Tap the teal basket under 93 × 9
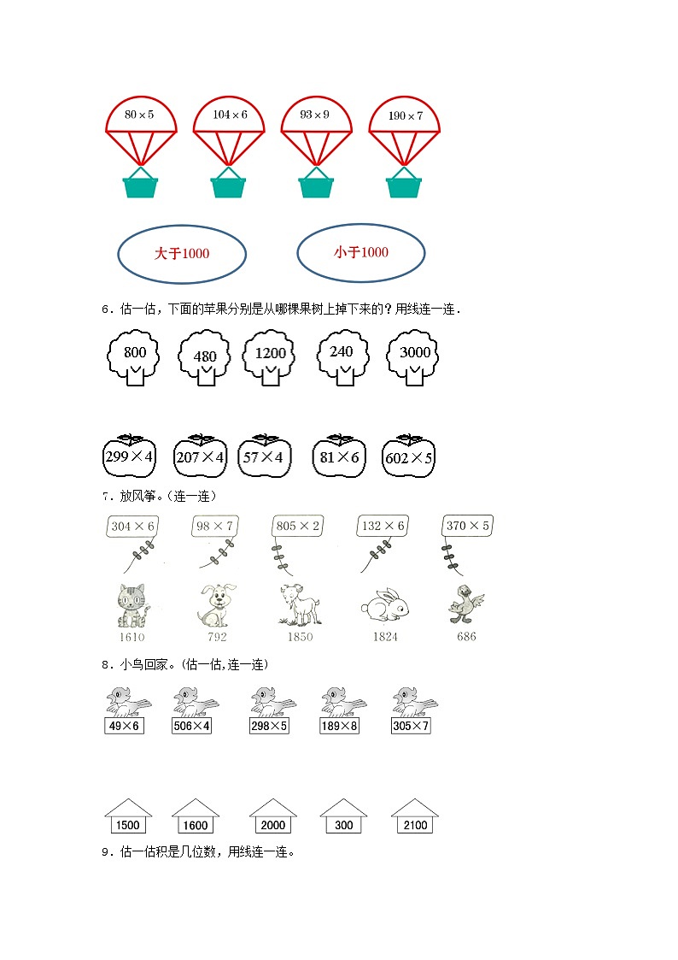[315, 185]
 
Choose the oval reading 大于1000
[181, 254]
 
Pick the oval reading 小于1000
[360, 252]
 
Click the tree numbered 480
[205, 359]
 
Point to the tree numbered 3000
[415, 357]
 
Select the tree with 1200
[270, 357]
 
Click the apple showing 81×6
[338, 456]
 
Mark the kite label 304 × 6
[133, 527]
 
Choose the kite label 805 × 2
[298, 527]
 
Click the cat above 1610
[132, 604]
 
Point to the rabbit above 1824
[384, 605]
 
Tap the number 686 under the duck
[466, 637]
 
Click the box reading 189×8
[343, 726]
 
